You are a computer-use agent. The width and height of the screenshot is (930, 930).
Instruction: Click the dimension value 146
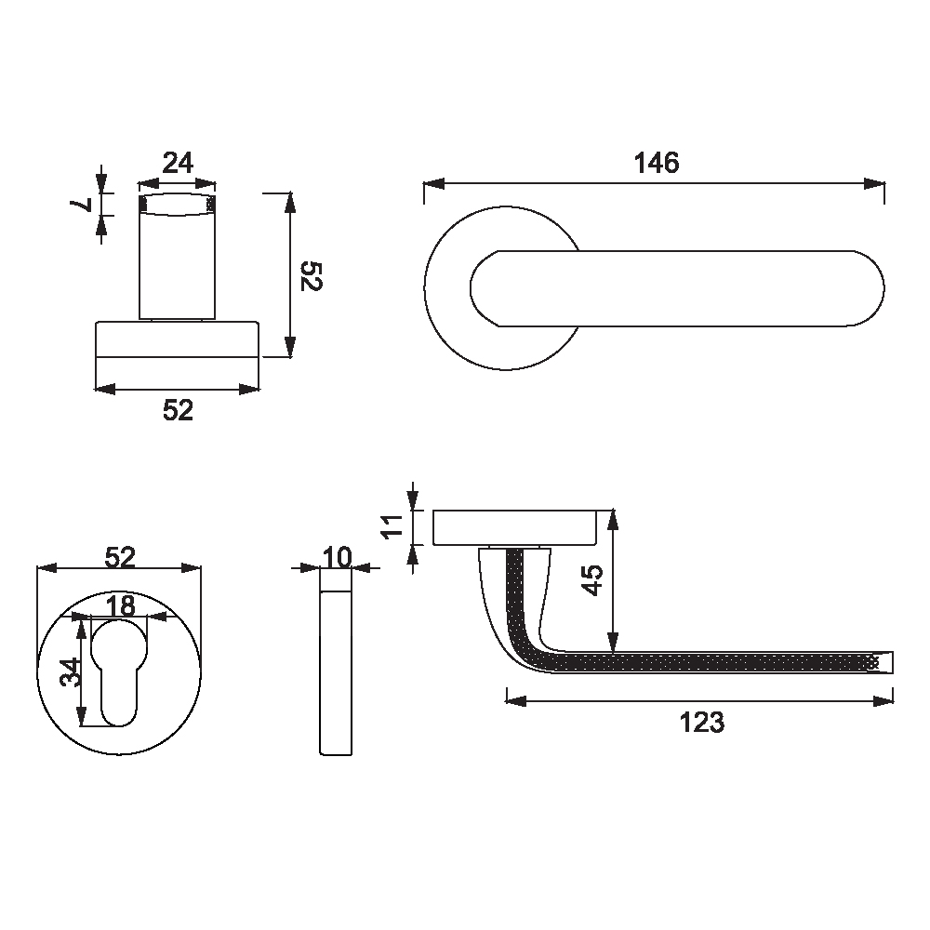656,163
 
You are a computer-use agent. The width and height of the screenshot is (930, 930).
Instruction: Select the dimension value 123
701,723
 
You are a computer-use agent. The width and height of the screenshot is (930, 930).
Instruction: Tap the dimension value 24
178,163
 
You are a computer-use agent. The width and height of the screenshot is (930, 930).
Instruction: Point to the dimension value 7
80,206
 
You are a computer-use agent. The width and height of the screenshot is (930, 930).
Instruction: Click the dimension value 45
592,579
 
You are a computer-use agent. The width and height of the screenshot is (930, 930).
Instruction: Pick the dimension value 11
392,526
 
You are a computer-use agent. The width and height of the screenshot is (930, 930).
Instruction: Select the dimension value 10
337,557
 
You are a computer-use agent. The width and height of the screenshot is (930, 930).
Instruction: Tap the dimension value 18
121,606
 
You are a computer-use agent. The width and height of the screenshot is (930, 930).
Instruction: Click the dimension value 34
70,672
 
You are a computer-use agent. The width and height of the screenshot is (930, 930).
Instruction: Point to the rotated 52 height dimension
312,276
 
